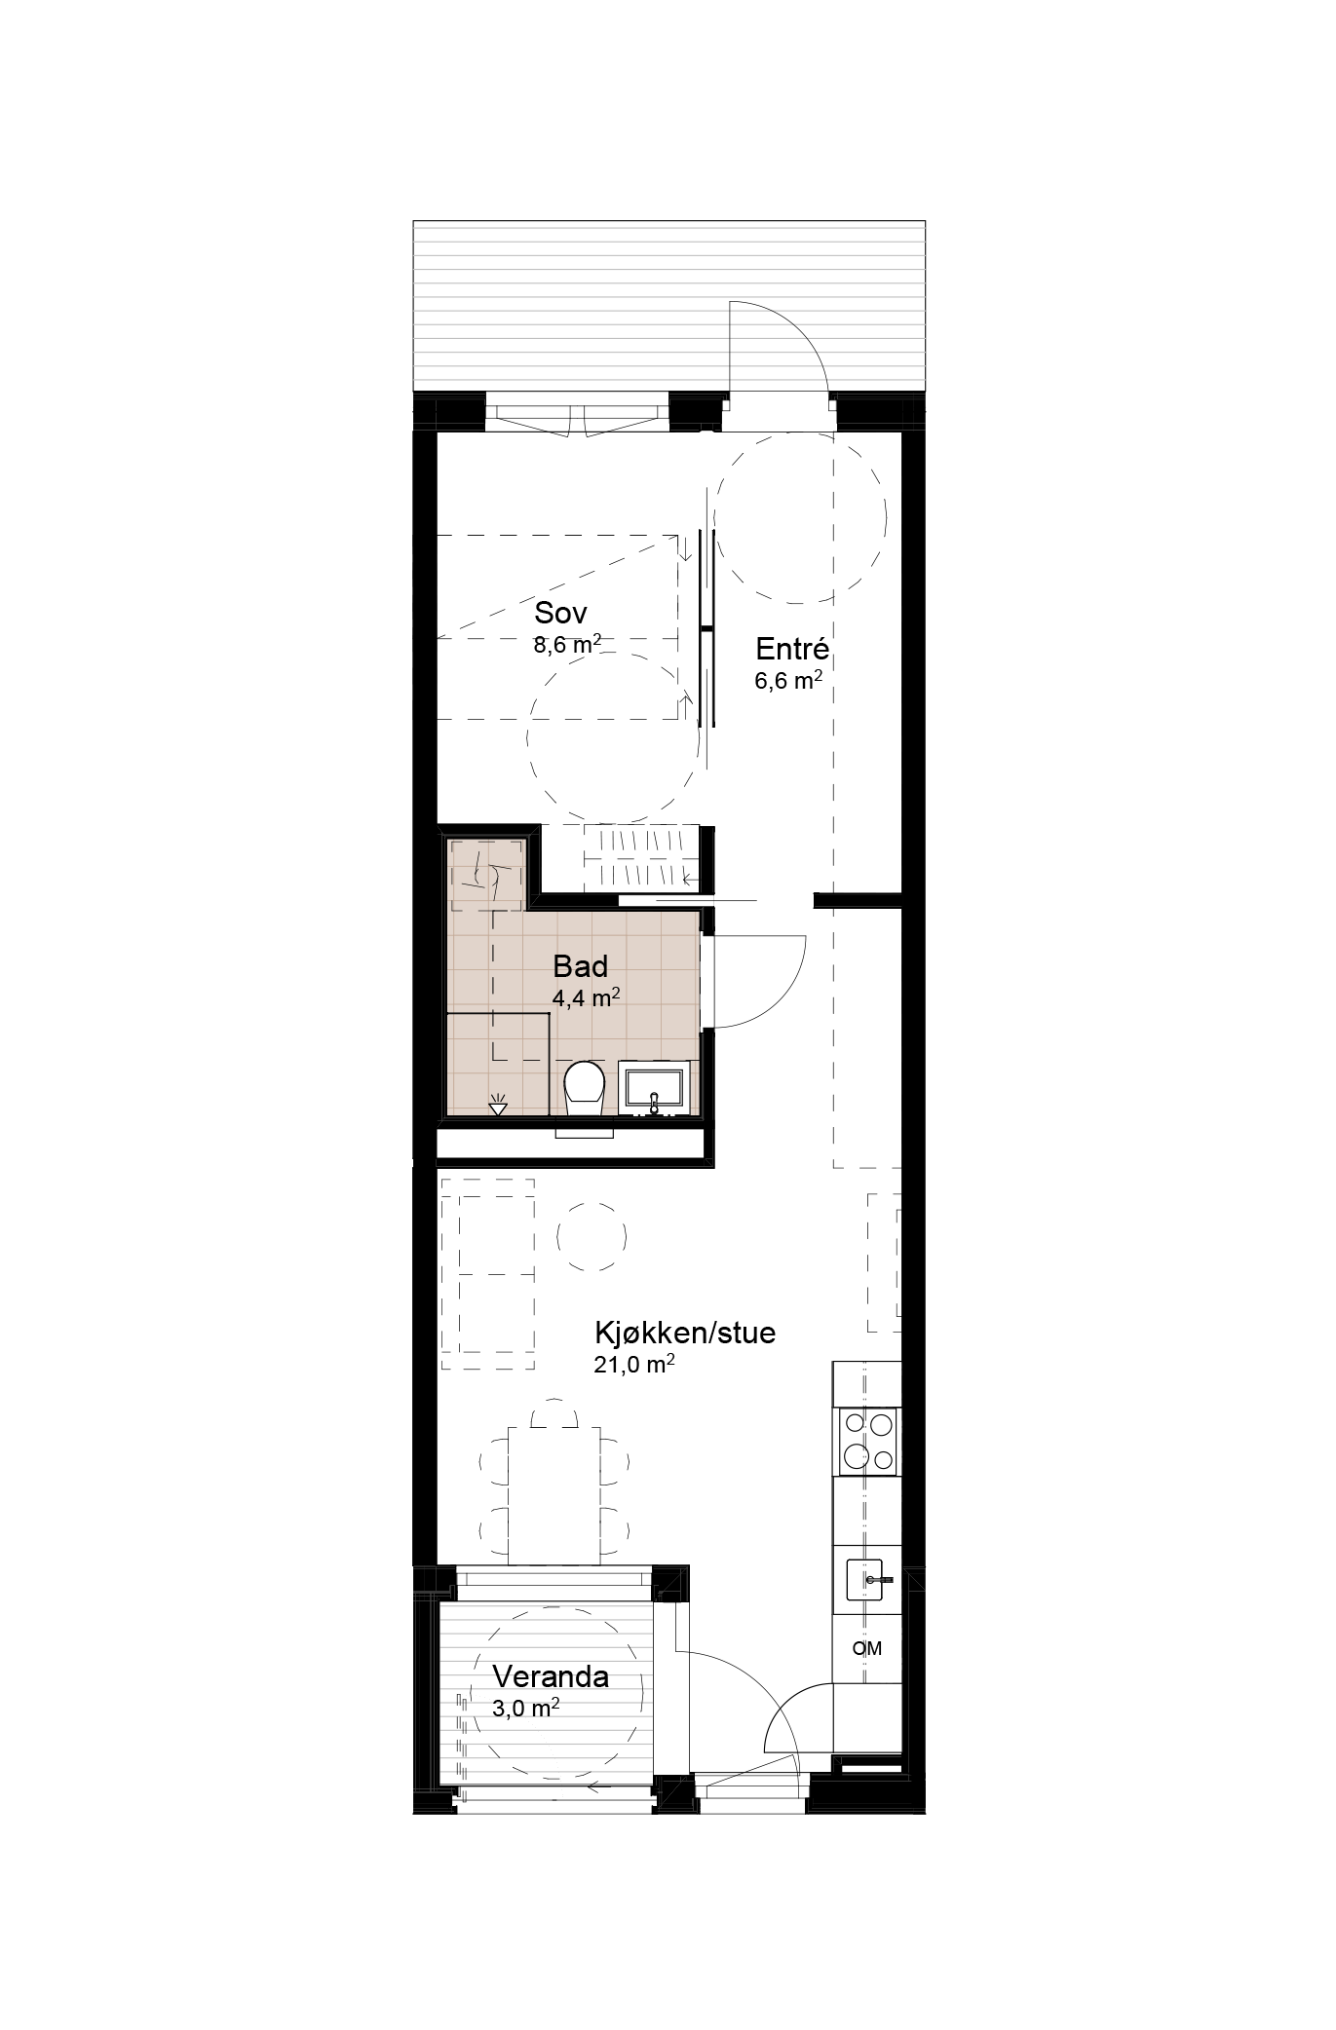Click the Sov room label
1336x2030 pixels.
click(560, 613)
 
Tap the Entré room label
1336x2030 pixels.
click(792, 649)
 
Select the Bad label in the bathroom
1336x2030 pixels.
click(580, 966)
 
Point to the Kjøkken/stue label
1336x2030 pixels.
click(685, 1333)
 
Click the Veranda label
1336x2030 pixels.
click(551, 1676)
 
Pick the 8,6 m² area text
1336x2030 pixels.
click(566, 645)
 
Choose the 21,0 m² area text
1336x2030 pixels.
click(634, 1364)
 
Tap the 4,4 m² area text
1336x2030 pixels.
click(587, 997)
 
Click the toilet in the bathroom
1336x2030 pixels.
click(585, 1090)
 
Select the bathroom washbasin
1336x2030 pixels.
click(655, 1088)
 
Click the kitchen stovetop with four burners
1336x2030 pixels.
click(867, 1441)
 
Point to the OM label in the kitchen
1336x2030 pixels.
click(866, 1648)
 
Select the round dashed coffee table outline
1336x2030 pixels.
click(592, 1236)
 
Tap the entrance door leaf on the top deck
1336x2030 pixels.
click(731, 350)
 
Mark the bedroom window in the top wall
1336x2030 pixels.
click(577, 412)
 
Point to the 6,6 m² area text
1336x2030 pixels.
click(787, 681)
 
